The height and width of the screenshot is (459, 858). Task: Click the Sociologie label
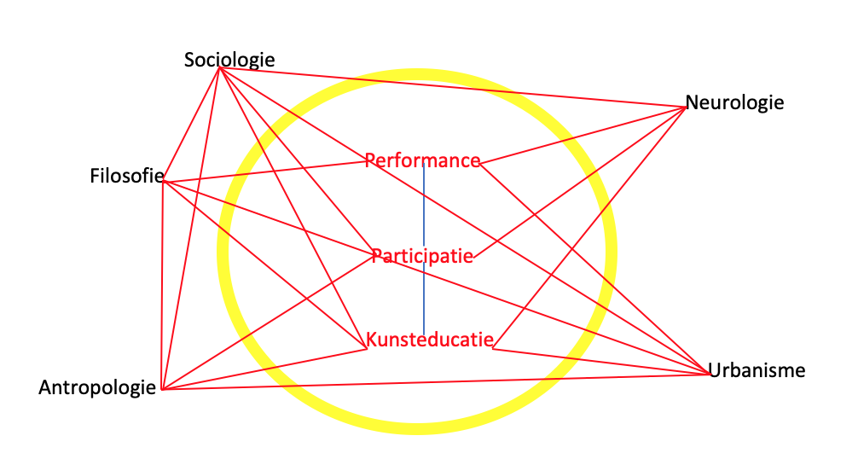(x=229, y=60)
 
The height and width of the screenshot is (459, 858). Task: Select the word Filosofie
(x=126, y=177)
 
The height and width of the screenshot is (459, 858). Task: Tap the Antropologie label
(x=97, y=388)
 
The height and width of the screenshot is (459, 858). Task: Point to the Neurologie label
(x=733, y=103)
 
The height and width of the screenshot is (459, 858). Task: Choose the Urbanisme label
(x=757, y=370)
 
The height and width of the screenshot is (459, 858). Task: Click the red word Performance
(x=422, y=160)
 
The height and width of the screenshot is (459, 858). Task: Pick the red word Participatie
(x=422, y=255)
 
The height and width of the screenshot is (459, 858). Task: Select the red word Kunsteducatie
(x=430, y=340)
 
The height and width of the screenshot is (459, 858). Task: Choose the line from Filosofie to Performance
(x=264, y=171)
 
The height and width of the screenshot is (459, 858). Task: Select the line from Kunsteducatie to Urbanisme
(x=597, y=360)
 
